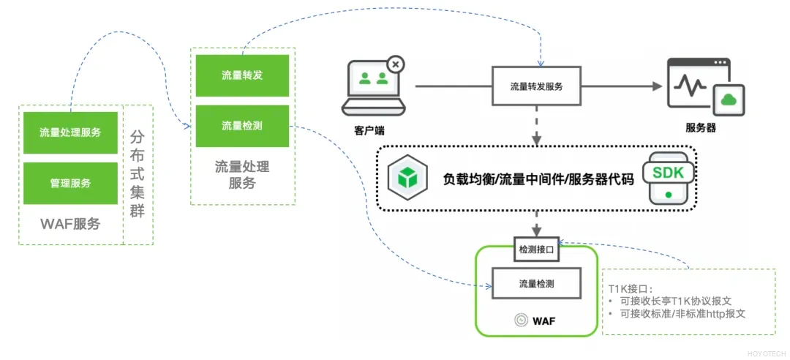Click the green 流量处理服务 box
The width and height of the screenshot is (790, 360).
click(x=70, y=132)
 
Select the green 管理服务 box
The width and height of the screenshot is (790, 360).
click(x=70, y=183)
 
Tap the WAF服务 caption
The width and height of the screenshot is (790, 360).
click(x=70, y=224)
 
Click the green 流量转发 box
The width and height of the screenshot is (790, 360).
click(x=242, y=75)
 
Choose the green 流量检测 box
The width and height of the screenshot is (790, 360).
click(x=242, y=126)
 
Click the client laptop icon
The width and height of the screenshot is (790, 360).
click(x=375, y=86)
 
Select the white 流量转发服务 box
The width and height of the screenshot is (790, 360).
click(x=536, y=86)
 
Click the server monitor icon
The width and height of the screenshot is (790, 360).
click(x=704, y=88)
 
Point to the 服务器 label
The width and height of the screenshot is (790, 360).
click(x=701, y=128)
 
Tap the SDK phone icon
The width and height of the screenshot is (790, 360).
click(x=667, y=177)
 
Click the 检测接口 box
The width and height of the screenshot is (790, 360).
click(x=537, y=250)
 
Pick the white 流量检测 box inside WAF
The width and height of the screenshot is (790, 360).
click(x=537, y=283)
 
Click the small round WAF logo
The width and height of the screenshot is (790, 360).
click(x=521, y=320)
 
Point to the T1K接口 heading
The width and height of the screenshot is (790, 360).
click(x=629, y=288)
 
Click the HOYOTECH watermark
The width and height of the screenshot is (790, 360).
click(x=766, y=353)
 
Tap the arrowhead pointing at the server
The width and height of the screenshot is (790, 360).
click(x=657, y=86)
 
